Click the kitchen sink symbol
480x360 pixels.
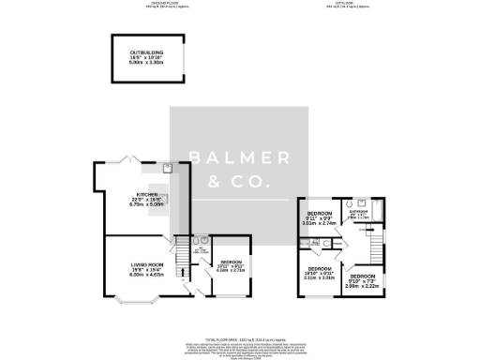pos(166,168)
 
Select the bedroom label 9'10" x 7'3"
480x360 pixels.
pos(365,280)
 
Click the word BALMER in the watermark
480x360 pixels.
pos(239,157)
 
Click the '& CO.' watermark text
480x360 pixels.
pos(239,181)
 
